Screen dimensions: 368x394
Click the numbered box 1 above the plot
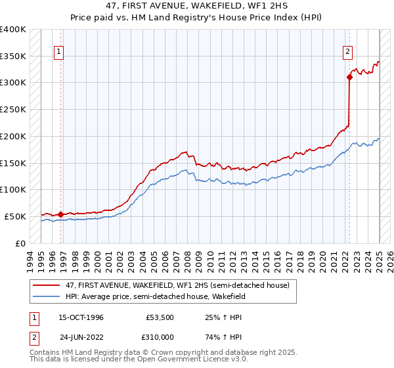(x=59, y=51)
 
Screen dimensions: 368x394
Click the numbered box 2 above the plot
(x=347, y=51)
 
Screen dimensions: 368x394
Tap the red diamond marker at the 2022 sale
(x=349, y=77)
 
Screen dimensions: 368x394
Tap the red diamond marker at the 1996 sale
(x=60, y=214)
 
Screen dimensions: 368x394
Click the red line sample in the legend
(x=47, y=285)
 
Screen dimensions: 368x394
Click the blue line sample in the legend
(x=47, y=296)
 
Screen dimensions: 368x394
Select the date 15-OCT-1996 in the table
(x=81, y=317)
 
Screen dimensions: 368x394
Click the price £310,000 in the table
(x=160, y=337)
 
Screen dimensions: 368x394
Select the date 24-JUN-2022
(x=81, y=337)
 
